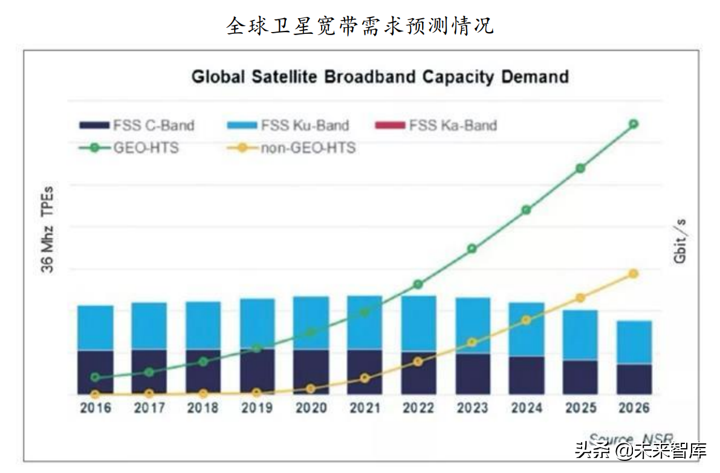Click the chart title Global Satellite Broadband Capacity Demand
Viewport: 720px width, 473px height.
point(380,77)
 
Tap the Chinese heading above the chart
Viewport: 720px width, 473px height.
point(360,25)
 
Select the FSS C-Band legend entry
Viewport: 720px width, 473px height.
point(137,126)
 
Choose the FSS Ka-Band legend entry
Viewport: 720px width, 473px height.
point(436,126)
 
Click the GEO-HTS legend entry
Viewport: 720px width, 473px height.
point(129,148)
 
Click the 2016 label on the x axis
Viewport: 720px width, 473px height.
point(96,408)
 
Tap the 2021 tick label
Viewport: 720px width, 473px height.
point(365,408)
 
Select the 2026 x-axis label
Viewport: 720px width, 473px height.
point(634,408)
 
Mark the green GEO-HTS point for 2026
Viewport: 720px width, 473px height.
point(634,124)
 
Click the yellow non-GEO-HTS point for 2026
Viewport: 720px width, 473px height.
point(634,273)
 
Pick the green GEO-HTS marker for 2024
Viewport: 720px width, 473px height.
point(527,210)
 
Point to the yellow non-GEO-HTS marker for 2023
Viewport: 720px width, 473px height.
point(472,343)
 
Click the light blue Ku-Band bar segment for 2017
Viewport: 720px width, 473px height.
point(149,326)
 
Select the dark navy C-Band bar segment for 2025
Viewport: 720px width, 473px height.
point(580,377)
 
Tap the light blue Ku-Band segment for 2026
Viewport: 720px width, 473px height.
point(634,342)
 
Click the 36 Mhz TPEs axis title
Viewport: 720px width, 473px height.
point(48,230)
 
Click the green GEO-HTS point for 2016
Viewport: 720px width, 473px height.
point(95,377)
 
